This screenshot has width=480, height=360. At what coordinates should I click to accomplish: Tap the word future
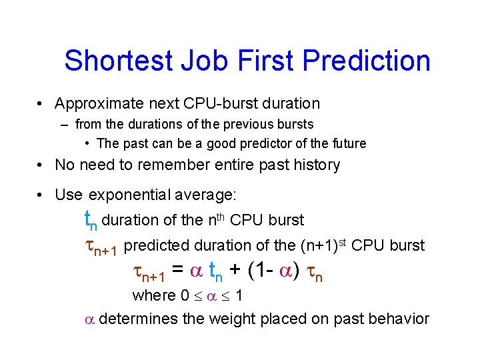tap(346, 143)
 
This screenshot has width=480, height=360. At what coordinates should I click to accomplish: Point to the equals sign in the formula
tap(178, 270)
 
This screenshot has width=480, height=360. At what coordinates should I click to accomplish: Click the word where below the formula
tap(151, 295)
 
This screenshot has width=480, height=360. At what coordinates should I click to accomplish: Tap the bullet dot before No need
tap(42, 165)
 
